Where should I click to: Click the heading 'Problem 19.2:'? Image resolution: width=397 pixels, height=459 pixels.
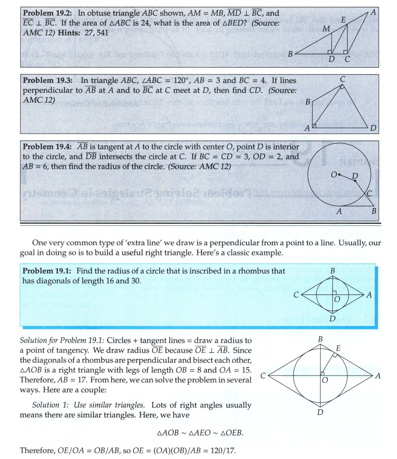[x=48, y=13]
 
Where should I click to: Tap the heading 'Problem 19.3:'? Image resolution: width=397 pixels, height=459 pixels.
[x=48, y=80]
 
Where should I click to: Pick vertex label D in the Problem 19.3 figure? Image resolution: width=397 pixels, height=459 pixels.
[x=373, y=128]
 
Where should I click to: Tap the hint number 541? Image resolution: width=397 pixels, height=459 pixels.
[x=101, y=32]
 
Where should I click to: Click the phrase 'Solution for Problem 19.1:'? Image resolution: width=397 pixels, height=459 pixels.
[x=62, y=341]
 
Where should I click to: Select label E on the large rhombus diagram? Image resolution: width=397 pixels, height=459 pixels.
[x=338, y=349]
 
